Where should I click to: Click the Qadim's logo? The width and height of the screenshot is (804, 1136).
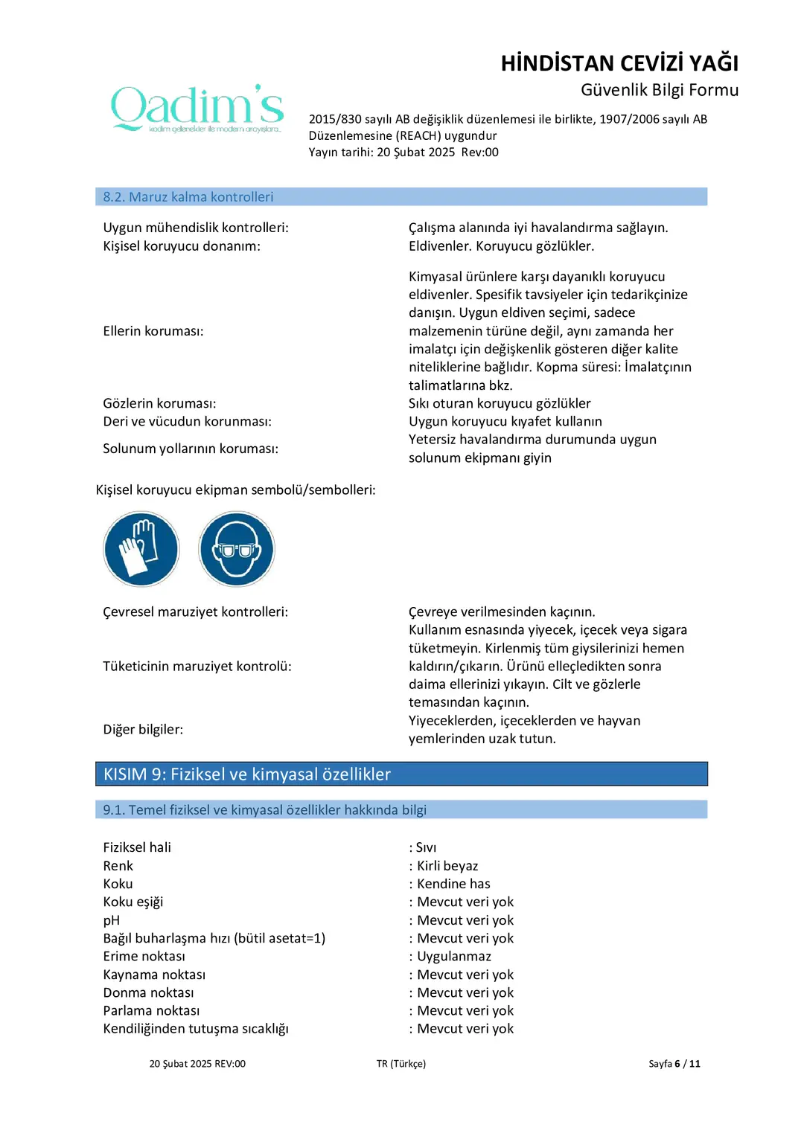tap(197, 109)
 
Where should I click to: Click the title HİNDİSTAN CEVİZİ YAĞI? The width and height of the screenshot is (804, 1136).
tap(619, 63)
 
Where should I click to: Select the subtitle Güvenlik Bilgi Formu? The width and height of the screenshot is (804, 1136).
tap(659, 90)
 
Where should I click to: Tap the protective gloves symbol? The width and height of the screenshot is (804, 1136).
tap(141, 549)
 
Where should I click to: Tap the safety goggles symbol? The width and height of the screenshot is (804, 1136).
tap(237, 549)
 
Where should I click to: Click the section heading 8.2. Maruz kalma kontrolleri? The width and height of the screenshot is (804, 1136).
tap(188, 197)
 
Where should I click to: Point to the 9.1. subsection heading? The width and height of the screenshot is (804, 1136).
tap(264, 810)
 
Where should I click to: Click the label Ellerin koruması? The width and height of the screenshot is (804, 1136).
tap(153, 331)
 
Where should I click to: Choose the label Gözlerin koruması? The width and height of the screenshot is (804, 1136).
tap(159, 403)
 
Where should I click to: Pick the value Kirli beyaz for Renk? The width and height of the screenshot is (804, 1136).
tap(447, 866)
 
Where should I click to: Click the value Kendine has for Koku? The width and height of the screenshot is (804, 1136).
tap(453, 884)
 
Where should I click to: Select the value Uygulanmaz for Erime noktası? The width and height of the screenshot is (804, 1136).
tap(454, 956)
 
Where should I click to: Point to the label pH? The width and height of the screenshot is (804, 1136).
tap(112, 920)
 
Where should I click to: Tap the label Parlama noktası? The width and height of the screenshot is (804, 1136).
tap(151, 1010)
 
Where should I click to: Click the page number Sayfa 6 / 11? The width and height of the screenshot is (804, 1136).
tap(674, 1064)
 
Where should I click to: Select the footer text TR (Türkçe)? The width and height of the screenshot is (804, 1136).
tap(401, 1064)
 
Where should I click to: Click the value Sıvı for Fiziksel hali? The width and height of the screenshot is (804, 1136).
tap(426, 847)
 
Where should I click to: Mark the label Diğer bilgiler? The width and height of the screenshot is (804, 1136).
tap(143, 730)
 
